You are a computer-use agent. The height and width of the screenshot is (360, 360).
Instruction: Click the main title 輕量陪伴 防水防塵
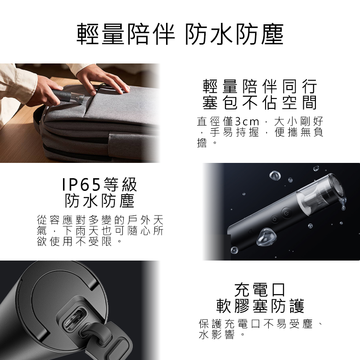click(180, 34)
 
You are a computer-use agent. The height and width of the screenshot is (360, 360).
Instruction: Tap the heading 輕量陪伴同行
click(260, 86)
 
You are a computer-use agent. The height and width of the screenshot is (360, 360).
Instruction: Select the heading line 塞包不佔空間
click(260, 103)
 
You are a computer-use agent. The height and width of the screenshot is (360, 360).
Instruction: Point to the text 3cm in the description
click(247, 121)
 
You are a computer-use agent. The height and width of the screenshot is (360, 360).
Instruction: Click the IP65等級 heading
click(99, 184)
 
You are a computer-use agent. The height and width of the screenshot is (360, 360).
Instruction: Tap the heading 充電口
click(260, 290)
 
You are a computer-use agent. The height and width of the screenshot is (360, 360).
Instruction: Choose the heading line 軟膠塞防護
click(260, 306)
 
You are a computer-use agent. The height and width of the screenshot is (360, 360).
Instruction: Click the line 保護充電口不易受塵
click(256, 324)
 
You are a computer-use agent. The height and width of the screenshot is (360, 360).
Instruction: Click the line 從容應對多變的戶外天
click(100, 220)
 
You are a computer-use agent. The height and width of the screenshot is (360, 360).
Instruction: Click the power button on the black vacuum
click(286, 213)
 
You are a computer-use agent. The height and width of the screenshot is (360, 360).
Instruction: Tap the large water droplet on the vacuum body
click(266, 237)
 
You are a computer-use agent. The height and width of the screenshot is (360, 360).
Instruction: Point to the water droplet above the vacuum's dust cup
click(275, 175)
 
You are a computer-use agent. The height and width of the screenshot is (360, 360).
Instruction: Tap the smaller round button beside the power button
click(274, 219)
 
